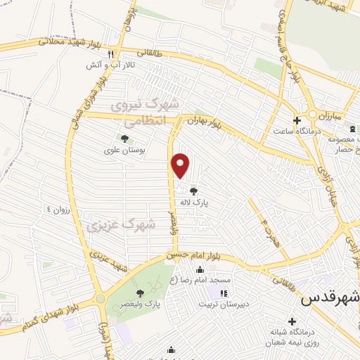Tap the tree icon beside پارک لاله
(193, 189)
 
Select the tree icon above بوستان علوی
(124, 139)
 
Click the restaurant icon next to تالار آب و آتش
(110, 54)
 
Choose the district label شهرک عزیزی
(121, 225)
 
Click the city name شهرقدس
(330, 298)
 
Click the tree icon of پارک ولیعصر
(140, 293)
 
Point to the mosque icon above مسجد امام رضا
(200, 270)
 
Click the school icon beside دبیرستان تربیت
(224, 293)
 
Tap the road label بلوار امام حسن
(191, 253)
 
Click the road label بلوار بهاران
(205, 123)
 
